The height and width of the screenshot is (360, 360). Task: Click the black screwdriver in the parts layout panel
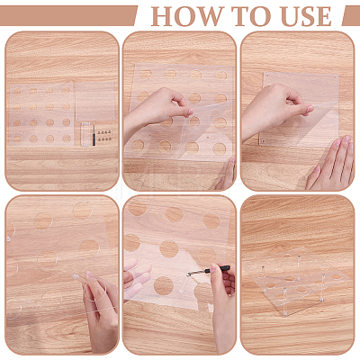pyautogui.click(x=94, y=135)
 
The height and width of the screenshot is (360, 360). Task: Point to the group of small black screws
pyautogui.click(x=105, y=135)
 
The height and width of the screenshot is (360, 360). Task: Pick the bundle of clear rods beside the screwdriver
pyautogui.click(x=85, y=134)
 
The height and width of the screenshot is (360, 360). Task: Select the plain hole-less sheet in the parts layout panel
pyautogui.click(x=94, y=101)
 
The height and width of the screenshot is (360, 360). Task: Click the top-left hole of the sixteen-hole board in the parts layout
pyautogui.click(x=17, y=91)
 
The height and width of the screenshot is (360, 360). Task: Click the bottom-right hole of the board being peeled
pyautogui.click(x=220, y=148)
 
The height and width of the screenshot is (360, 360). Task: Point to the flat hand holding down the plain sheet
pyautogui.click(x=332, y=164)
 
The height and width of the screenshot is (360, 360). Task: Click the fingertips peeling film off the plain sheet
pyautogui.click(x=308, y=110)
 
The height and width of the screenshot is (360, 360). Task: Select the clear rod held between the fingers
pyautogui.click(x=79, y=277)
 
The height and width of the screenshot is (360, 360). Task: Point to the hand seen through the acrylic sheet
pyautogui.click(x=137, y=276)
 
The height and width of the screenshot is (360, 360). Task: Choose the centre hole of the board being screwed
pyautogui.click(x=169, y=249)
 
